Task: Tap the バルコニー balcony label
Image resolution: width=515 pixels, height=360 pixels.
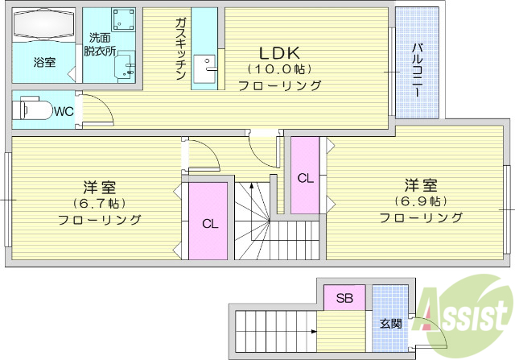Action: (x=418, y=70)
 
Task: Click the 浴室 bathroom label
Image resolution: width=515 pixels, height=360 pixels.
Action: (x=44, y=62)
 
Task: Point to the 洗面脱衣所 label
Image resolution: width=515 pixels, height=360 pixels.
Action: (x=102, y=44)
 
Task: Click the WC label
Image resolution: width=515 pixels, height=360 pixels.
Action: (x=64, y=112)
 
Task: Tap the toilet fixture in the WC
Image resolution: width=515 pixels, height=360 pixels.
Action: (x=31, y=110)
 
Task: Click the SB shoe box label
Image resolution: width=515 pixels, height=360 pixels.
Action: (x=344, y=298)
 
